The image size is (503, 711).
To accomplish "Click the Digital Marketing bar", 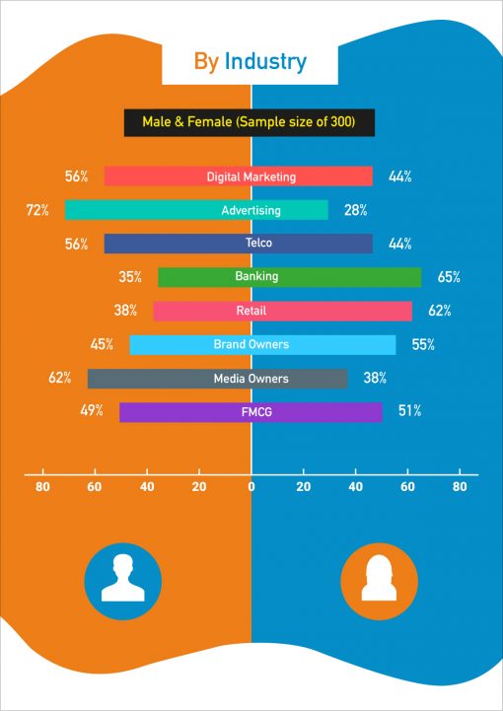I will (239, 177).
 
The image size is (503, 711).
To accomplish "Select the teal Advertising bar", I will (196, 210).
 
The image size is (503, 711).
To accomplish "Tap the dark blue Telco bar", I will (239, 244).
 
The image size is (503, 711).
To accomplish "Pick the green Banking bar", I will (290, 277).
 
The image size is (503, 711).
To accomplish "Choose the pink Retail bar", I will (283, 311).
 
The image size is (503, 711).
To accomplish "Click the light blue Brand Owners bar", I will (262, 344).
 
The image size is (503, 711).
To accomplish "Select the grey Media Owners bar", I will (217, 379).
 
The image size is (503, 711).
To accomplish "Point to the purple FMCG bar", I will (251, 412).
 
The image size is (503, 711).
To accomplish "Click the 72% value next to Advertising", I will (37, 210).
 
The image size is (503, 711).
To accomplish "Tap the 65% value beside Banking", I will (449, 277).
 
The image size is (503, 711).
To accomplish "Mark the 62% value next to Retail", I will (439, 311).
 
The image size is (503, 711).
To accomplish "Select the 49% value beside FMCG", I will (91, 411).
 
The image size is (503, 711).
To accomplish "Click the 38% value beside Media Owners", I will (375, 378).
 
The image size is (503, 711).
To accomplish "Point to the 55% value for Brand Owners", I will (421, 344).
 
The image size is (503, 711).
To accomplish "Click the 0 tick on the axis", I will (251, 486).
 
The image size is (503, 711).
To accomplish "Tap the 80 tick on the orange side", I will (42, 486).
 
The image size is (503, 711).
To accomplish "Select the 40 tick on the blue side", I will (355, 486).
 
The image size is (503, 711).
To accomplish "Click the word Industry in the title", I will (265, 62).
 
